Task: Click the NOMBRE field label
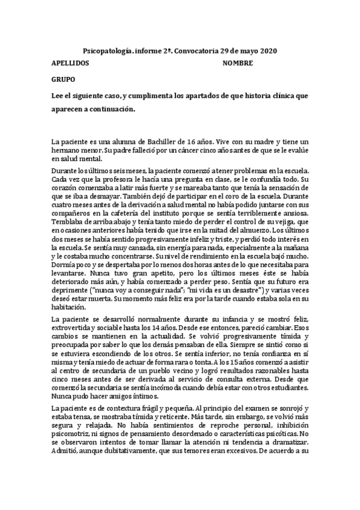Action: [237, 63]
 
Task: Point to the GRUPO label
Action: [63, 79]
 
